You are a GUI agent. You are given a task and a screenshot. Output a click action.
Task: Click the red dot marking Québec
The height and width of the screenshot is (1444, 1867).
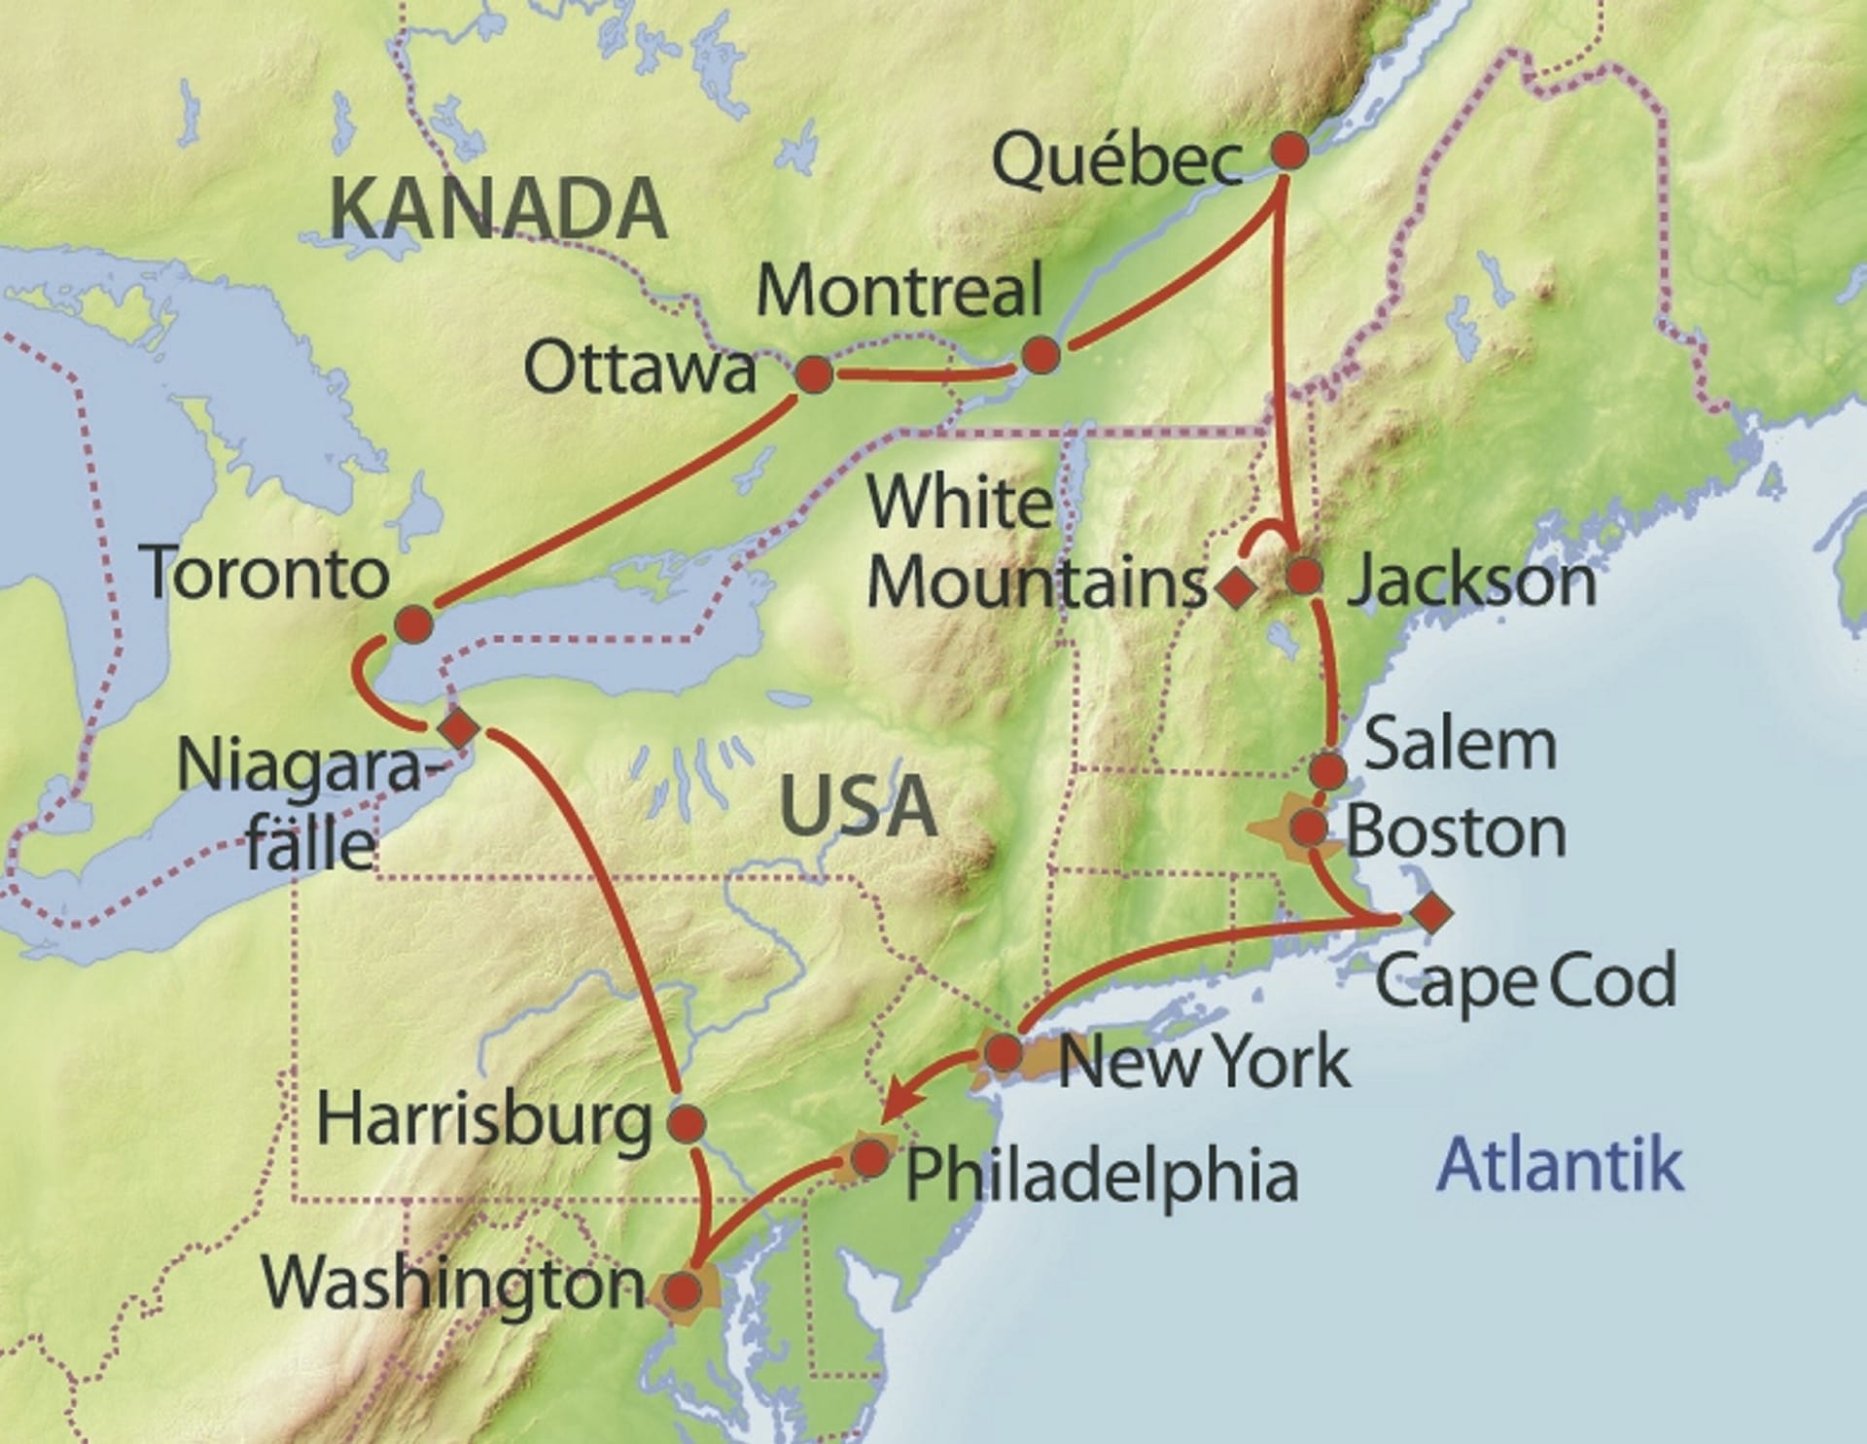click(1289, 152)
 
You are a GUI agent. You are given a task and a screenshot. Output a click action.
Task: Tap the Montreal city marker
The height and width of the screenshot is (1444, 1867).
click(1040, 355)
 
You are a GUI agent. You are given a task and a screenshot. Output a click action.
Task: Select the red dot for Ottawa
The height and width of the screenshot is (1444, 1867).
click(814, 374)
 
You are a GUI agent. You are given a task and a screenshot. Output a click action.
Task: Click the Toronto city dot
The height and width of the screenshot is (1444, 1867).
click(413, 623)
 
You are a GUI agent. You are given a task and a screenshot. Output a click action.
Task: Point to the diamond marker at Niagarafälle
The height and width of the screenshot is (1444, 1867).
click(457, 727)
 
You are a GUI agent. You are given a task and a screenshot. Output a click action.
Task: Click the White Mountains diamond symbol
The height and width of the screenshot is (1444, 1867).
click(1235, 587)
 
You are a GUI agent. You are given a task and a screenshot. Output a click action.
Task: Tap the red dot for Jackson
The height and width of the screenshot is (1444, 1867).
click(1304, 576)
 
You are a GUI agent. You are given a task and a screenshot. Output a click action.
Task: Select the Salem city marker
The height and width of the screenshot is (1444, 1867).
click(1328, 771)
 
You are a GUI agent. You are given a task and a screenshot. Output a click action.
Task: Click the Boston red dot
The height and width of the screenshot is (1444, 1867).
click(1308, 828)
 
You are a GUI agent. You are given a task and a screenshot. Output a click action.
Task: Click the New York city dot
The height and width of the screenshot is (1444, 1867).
click(1004, 1052)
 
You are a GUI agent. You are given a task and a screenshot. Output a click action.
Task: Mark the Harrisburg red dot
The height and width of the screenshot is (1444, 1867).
click(687, 1123)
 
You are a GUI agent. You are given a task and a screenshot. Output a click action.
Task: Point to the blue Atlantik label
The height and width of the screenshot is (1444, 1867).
click(1560, 1163)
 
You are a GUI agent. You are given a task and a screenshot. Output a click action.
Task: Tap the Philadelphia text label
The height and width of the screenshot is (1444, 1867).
click(1102, 1175)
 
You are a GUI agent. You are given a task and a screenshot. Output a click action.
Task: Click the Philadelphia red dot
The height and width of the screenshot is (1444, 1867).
click(868, 1158)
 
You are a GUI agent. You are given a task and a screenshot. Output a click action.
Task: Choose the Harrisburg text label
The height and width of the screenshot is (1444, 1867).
click(483, 1121)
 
